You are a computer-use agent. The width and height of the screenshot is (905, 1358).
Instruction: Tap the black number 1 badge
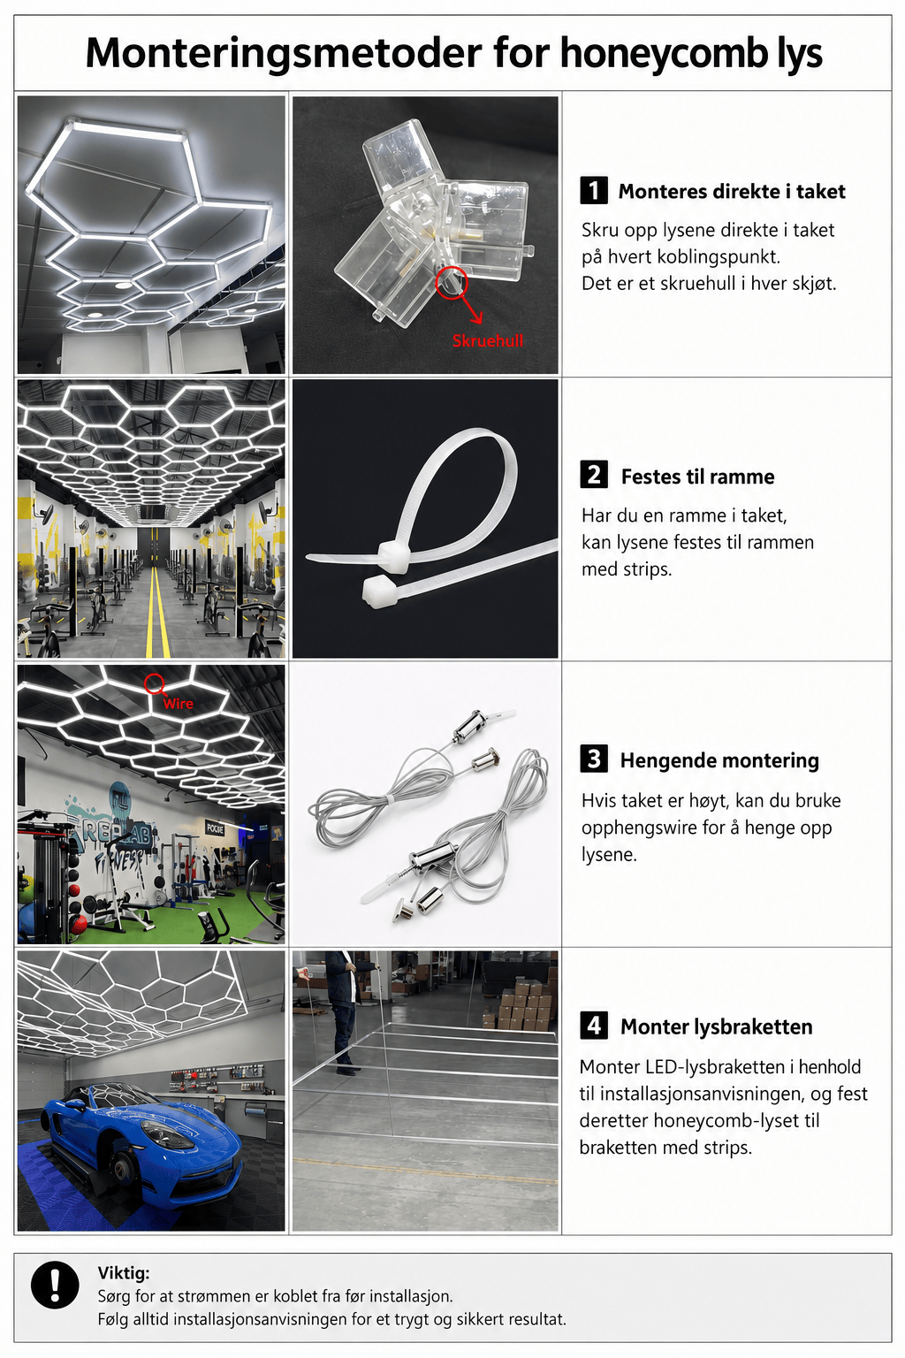594,190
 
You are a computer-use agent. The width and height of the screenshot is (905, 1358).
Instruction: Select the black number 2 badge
594,476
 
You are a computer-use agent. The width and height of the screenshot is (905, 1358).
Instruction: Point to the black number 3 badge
594,759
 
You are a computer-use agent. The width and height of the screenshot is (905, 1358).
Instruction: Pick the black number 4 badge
594,1026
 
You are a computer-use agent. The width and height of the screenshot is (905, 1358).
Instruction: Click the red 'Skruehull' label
487,340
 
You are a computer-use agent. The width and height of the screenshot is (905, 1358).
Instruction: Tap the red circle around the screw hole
452,282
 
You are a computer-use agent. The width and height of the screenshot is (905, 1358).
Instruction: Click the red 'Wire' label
179,703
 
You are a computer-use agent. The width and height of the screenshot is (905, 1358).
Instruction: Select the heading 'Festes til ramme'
697,477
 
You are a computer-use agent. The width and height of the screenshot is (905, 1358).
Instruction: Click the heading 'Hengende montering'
719,760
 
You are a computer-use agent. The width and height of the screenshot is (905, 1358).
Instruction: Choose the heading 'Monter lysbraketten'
717,1026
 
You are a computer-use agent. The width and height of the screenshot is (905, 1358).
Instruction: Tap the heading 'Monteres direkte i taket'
732,192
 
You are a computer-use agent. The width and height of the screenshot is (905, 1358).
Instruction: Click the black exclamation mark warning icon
55,1285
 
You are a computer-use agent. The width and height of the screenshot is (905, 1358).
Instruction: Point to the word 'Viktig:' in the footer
124,1272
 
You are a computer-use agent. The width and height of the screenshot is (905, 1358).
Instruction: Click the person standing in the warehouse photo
342,1011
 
